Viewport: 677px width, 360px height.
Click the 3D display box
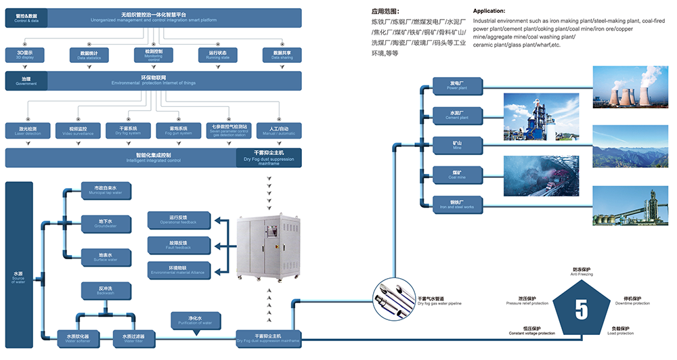coord(24,54)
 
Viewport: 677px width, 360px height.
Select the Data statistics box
coord(89,54)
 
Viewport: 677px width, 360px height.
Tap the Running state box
coord(217,54)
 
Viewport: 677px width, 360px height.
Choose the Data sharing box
coord(282,54)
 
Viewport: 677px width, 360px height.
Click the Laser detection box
coord(24,130)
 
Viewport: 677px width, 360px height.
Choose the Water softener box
coord(83,337)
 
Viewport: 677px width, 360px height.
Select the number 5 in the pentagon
coord(581,309)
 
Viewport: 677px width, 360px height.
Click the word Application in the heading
coord(489,12)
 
